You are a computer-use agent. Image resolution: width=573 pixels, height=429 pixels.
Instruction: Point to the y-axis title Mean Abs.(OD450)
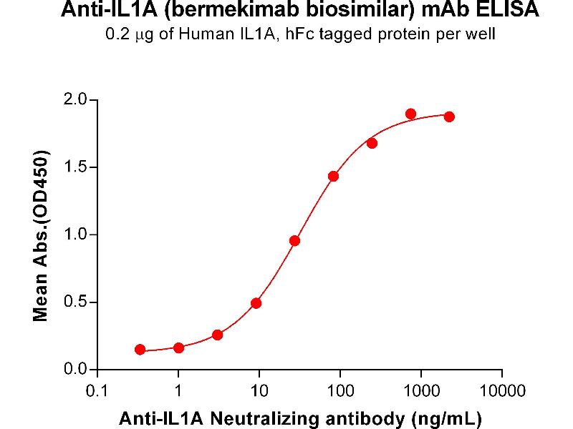pos(41,235)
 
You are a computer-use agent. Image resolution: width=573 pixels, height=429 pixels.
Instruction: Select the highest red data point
pos(410,114)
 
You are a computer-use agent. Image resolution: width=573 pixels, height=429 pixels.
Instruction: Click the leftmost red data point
pos(140,350)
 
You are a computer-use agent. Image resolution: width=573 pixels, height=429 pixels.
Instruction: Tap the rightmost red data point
pos(449,117)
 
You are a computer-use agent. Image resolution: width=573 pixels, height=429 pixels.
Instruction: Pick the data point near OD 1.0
pos(294,240)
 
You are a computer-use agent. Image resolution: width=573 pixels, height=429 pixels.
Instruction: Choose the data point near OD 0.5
pos(256,303)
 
